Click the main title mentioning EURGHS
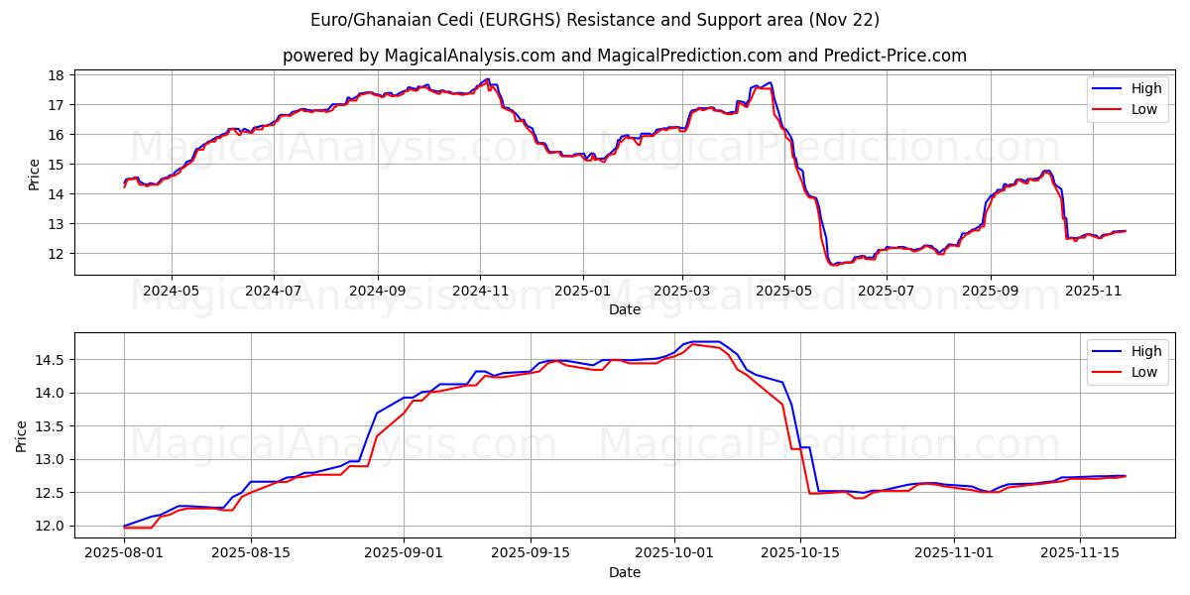click(595, 20)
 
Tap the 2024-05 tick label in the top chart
click(172, 292)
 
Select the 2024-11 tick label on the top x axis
click(480, 292)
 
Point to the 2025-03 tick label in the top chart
click(682, 292)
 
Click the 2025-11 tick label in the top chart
click(1093, 292)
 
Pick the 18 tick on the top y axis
click(57, 75)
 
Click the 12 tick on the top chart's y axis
click(57, 254)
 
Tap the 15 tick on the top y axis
click(57, 165)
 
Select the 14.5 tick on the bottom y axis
click(50, 360)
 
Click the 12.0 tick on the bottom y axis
click(50, 526)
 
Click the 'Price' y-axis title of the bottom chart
click(23, 435)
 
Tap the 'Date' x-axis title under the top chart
click(625, 309)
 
